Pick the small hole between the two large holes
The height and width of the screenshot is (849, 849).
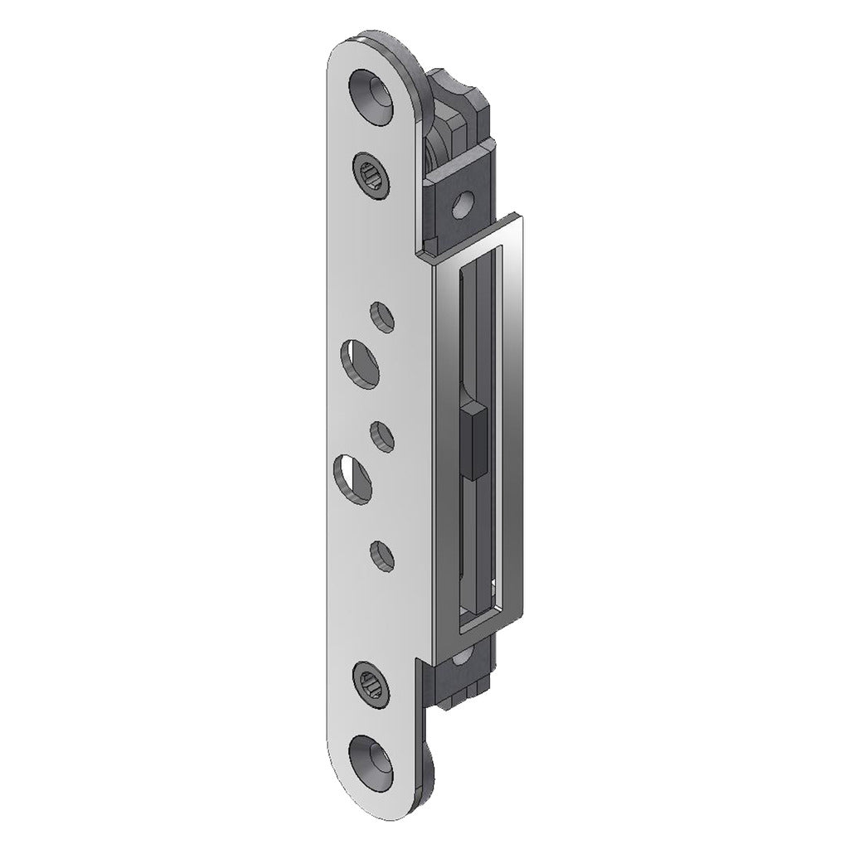381,435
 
